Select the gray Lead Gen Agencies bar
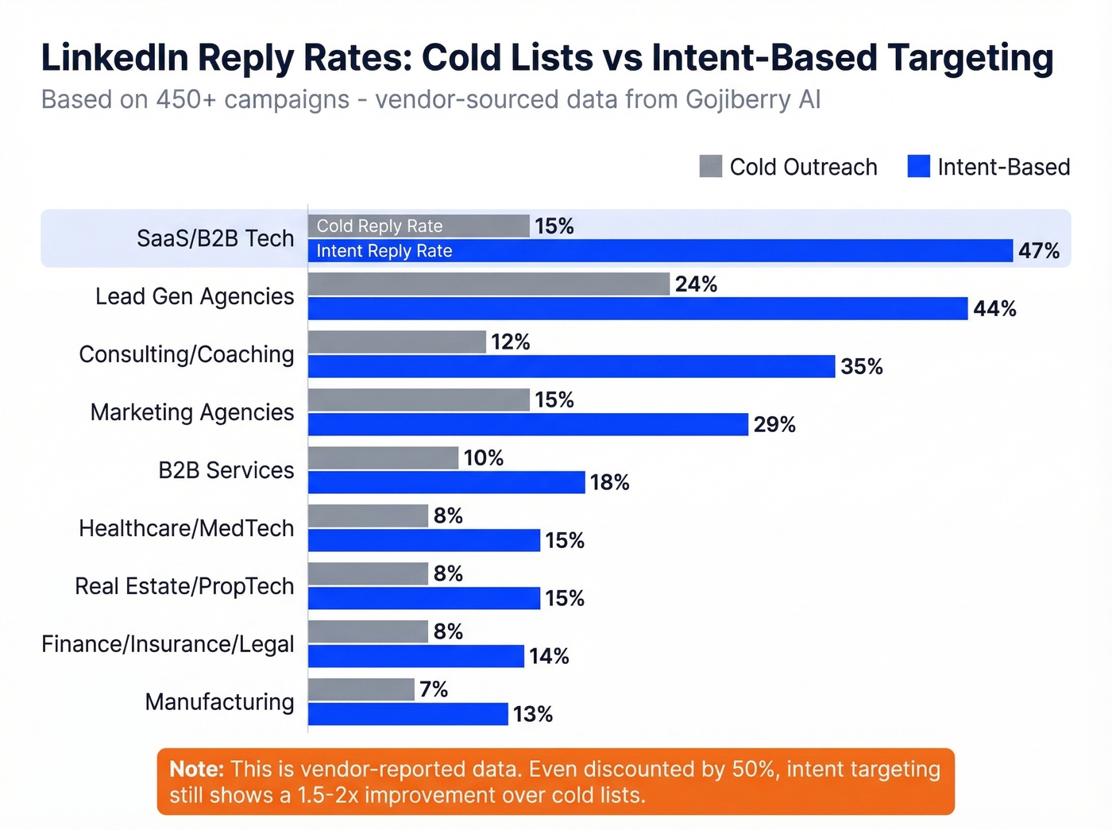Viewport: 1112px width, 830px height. (x=488, y=284)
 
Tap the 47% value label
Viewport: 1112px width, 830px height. (x=1039, y=251)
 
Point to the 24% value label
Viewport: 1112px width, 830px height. (x=696, y=284)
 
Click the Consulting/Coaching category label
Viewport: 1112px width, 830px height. (x=187, y=354)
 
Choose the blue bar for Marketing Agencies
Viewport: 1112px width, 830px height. (x=528, y=424)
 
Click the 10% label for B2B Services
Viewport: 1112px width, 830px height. (x=484, y=458)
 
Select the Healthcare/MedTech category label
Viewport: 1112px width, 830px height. (x=187, y=528)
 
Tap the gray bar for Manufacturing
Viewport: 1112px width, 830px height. (x=361, y=689)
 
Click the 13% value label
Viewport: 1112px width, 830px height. (x=533, y=714)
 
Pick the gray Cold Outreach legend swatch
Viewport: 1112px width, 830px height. (x=710, y=167)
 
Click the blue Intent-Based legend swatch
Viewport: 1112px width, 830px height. (x=918, y=167)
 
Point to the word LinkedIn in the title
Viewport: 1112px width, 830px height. (x=115, y=58)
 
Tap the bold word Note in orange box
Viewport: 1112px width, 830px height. (x=196, y=769)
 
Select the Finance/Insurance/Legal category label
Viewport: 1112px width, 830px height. (x=168, y=644)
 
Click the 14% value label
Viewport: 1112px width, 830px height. (x=549, y=656)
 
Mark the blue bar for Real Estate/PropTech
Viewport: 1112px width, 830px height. (x=424, y=598)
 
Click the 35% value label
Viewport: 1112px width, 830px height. (x=862, y=366)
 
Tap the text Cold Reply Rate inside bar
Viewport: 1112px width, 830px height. (x=380, y=226)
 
